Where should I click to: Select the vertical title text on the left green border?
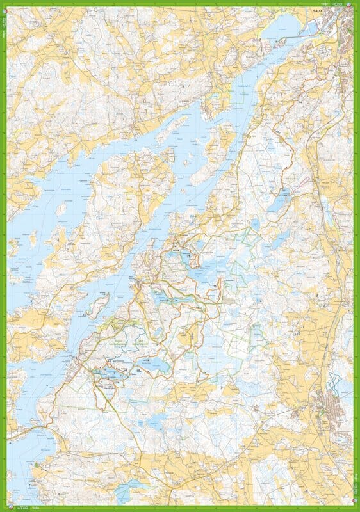3,29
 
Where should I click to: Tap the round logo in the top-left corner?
4,4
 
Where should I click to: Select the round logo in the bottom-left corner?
4,508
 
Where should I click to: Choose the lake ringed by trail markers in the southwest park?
106,373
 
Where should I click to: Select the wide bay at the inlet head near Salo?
282,29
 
